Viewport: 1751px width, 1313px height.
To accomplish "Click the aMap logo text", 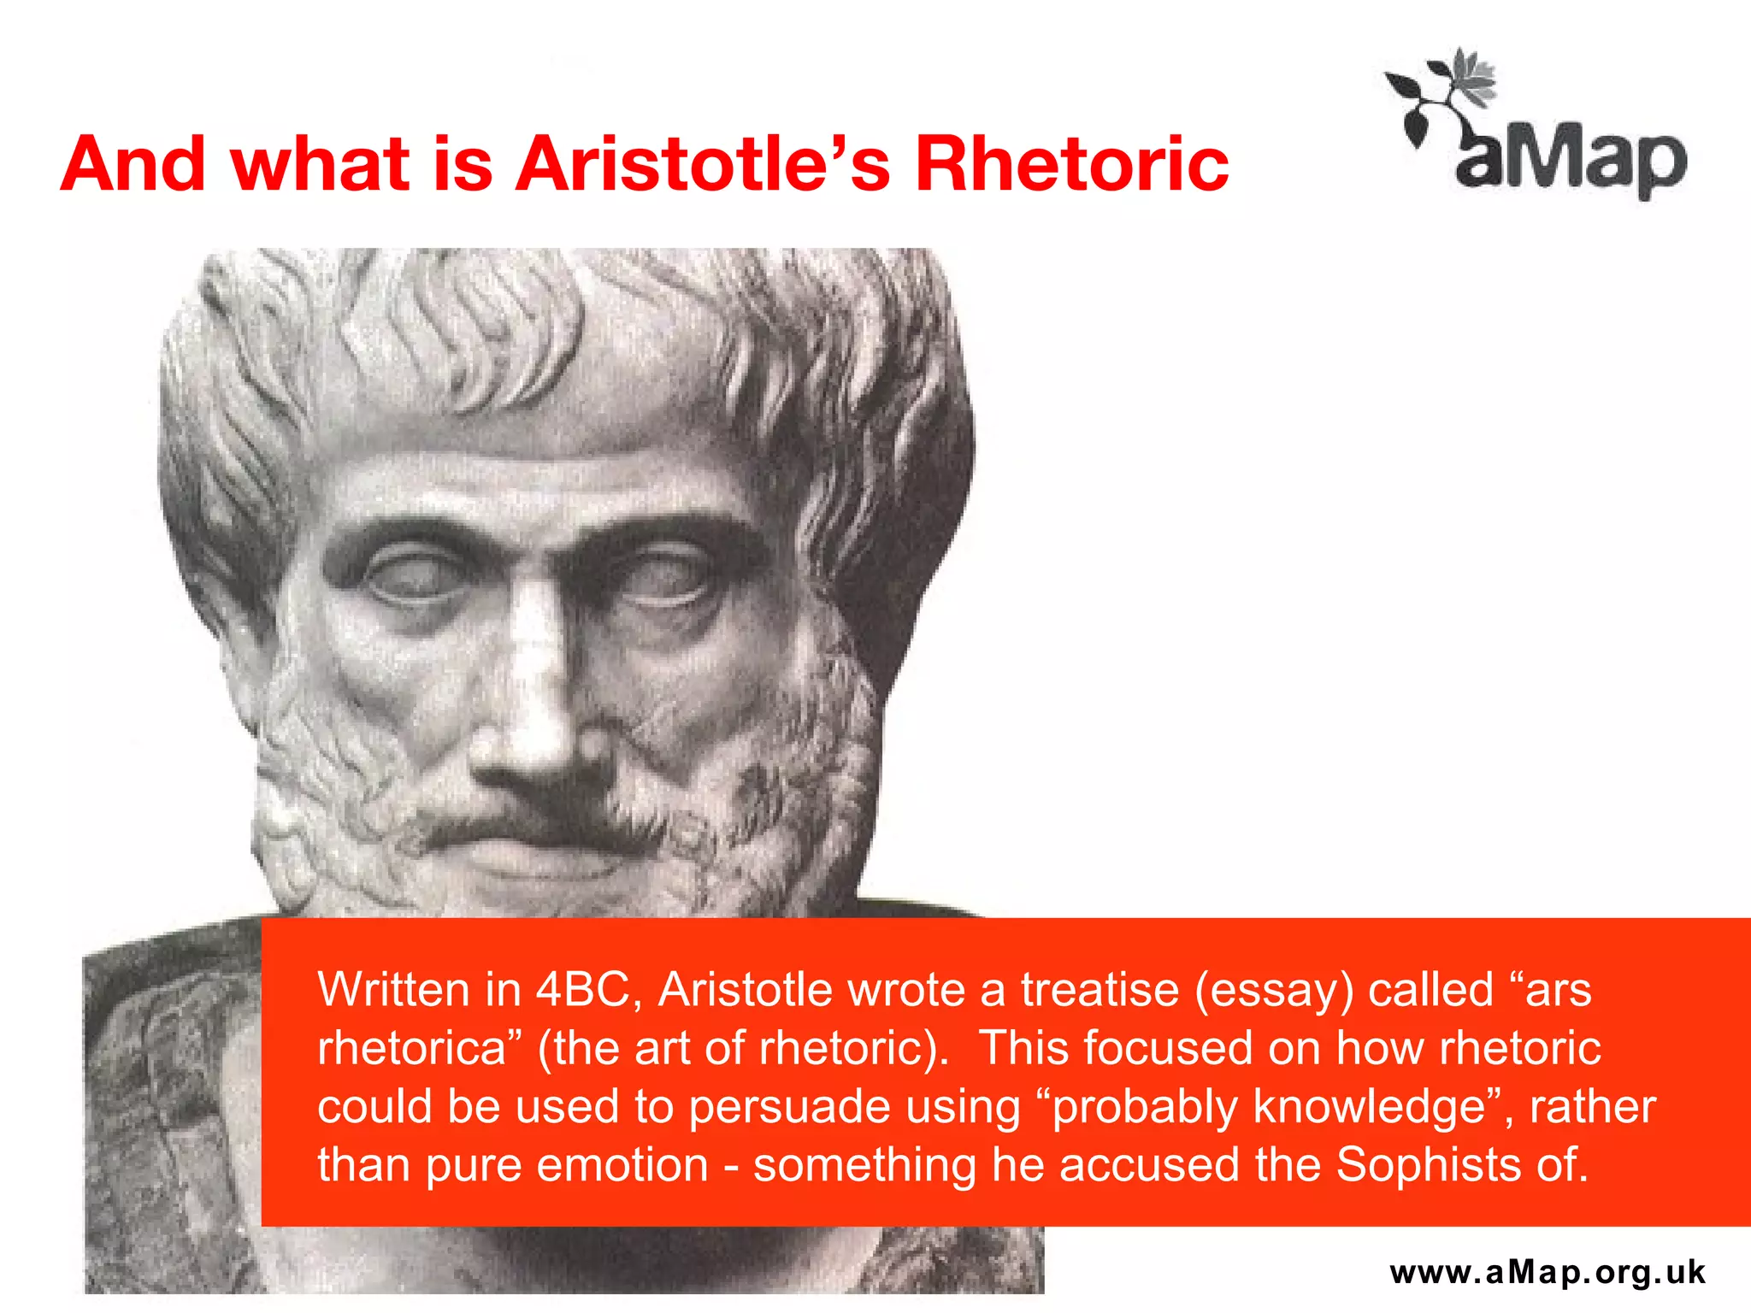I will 1571,160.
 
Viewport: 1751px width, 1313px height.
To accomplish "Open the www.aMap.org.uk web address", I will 1548,1272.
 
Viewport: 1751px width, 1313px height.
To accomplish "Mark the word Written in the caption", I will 394,990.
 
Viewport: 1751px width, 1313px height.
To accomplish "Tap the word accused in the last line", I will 1149,1164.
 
